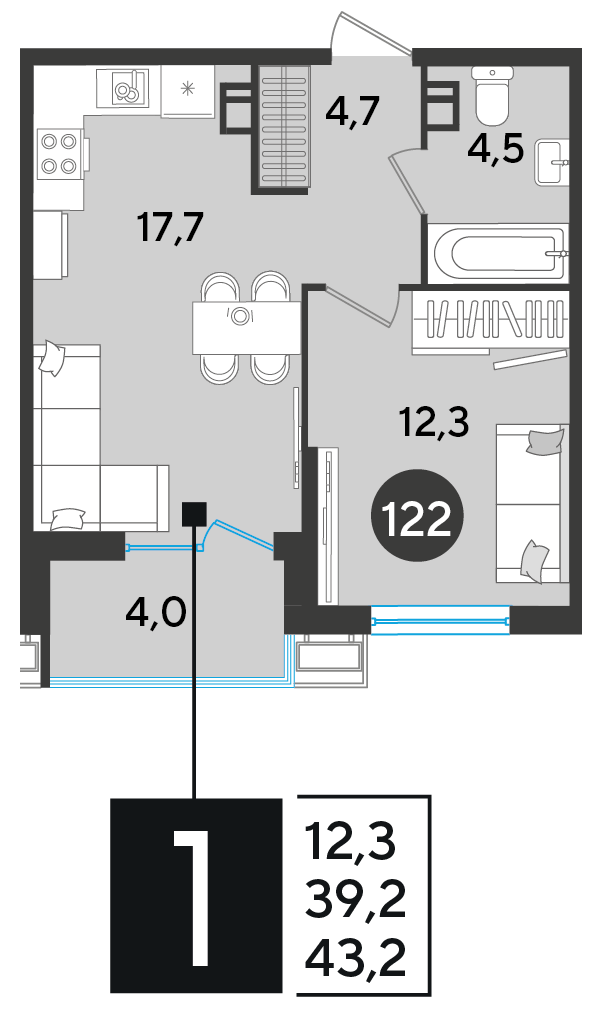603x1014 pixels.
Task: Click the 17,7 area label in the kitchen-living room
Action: (171, 228)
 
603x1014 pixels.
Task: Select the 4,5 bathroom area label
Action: (495, 150)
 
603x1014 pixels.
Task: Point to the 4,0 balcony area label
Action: (156, 612)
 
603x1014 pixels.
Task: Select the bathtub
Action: (499, 254)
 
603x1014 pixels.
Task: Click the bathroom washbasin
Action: (552, 162)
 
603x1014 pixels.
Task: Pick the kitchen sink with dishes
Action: (124, 88)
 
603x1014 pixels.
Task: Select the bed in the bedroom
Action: (532, 504)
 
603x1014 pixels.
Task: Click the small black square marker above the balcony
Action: (194, 514)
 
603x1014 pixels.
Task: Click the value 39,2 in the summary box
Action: (355, 900)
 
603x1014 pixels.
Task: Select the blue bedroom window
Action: (441, 620)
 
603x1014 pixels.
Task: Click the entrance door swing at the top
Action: (372, 35)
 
